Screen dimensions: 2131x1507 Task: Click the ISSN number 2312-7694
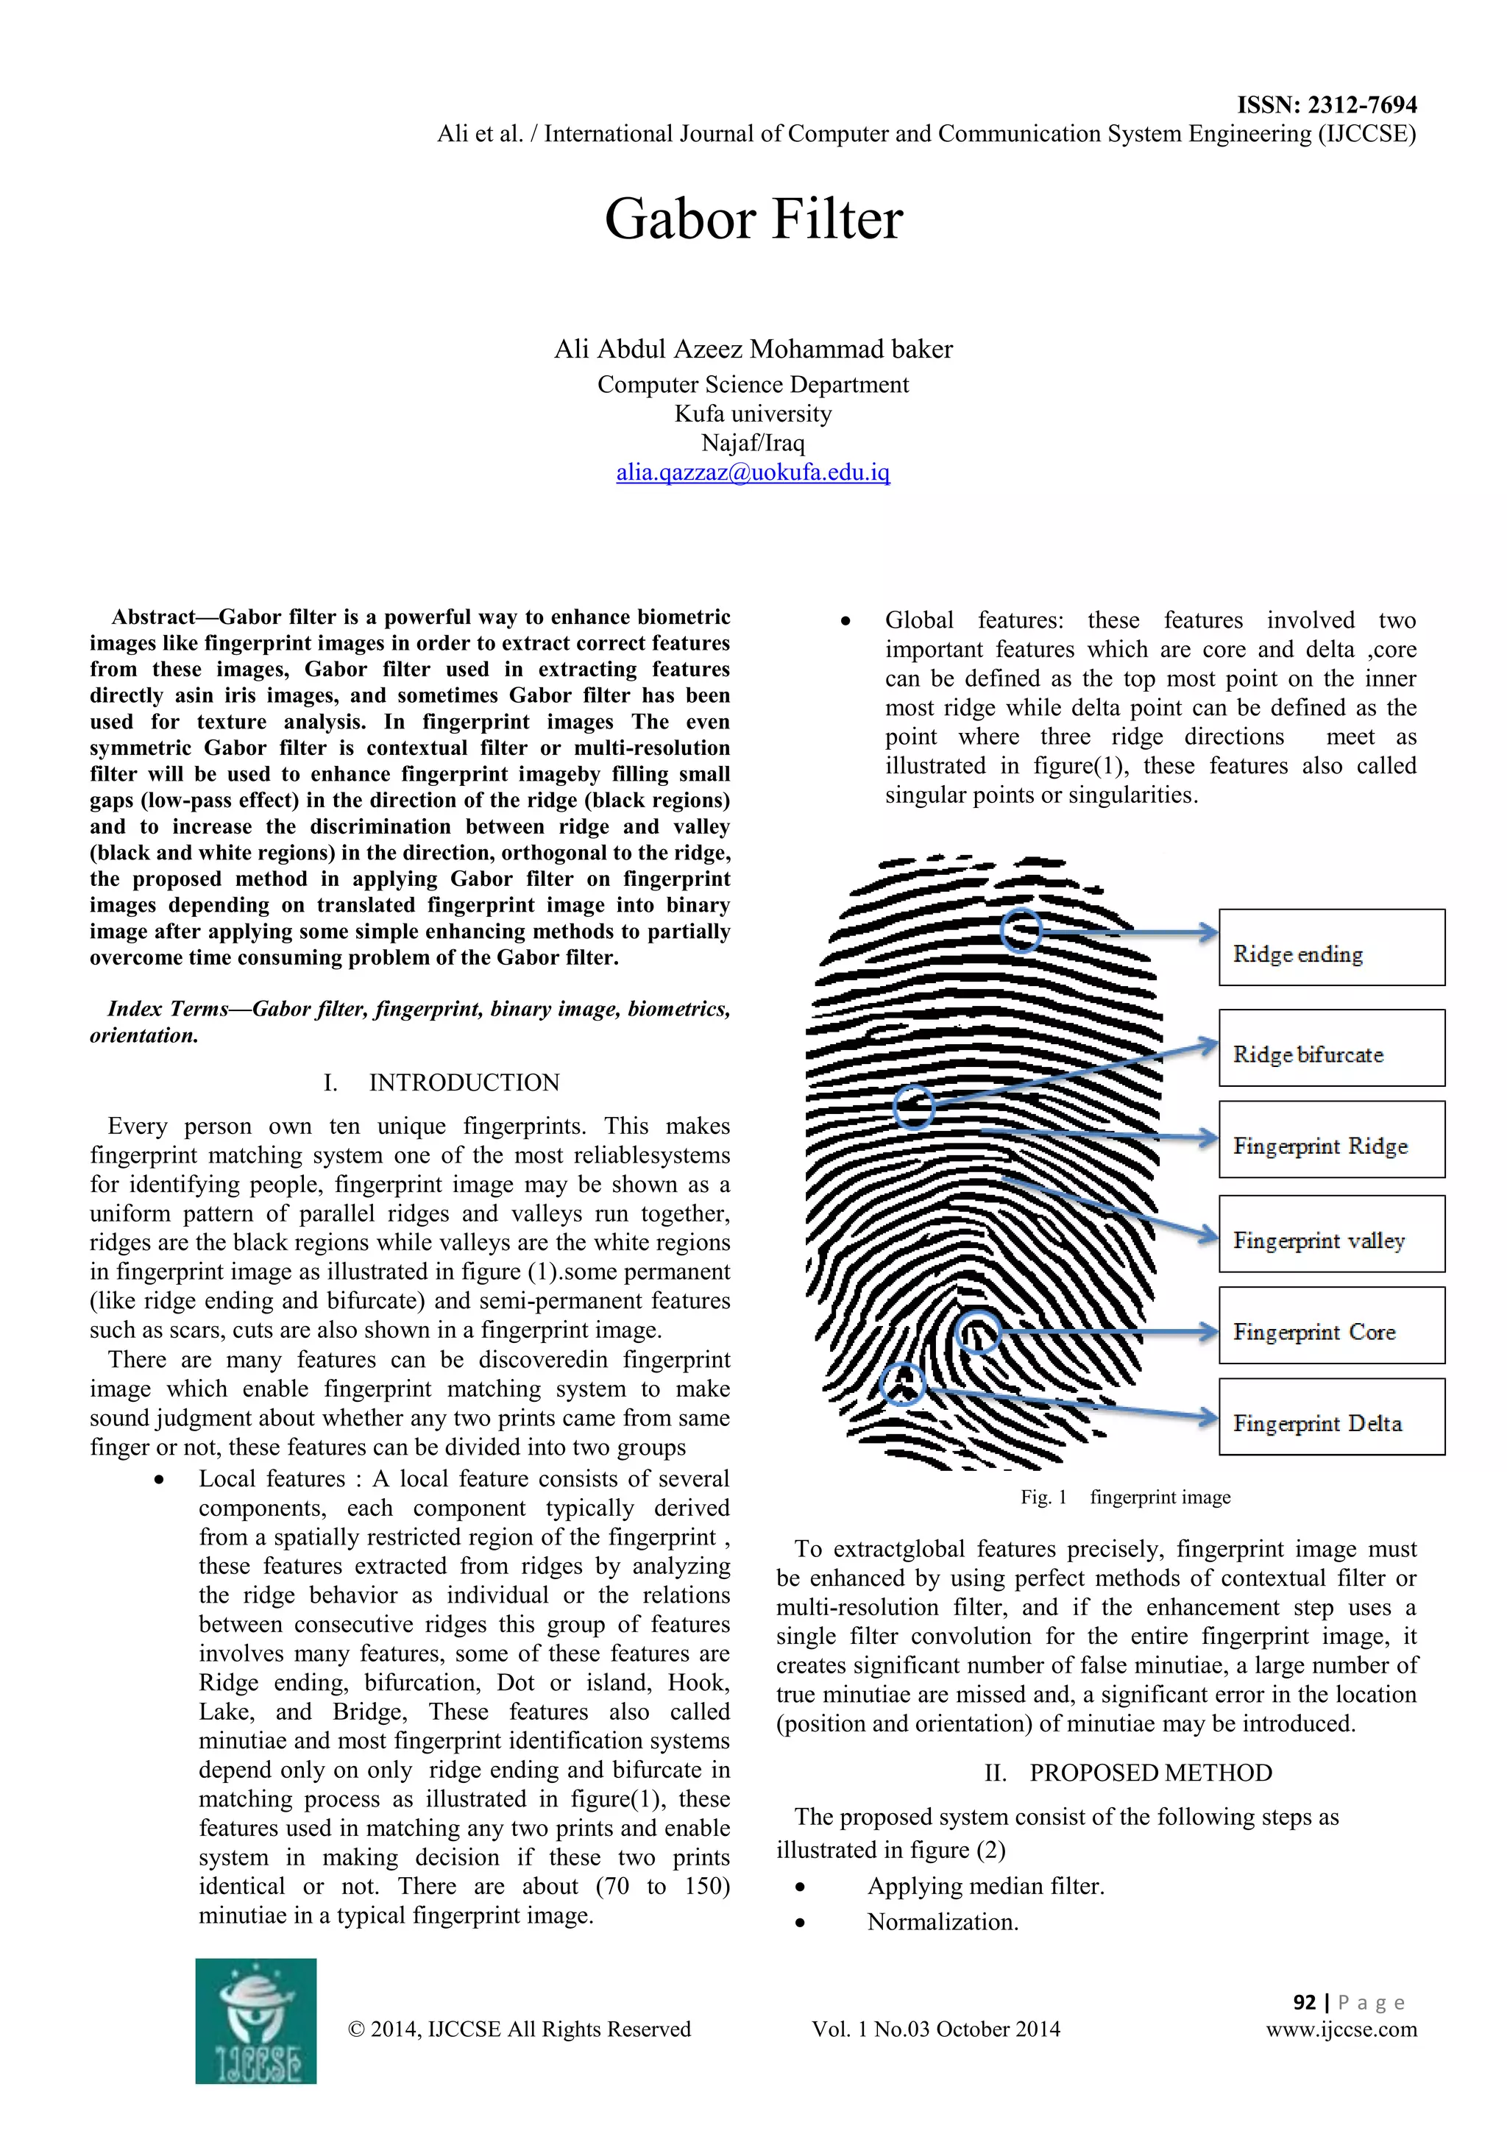pyautogui.click(x=1326, y=105)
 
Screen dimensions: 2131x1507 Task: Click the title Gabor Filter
pyautogui.click(x=753, y=220)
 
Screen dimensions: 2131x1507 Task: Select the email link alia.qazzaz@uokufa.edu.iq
pyautogui.click(x=753, y=472)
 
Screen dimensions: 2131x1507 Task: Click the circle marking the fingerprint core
pyautogui.click(x=977, y=1332)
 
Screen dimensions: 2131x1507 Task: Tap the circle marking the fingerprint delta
pyautogui.click(x=902, y=1384)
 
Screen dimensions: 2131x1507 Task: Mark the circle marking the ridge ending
pyautogui.click(x=1021, y=930)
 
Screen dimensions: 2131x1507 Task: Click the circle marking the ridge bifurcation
pyautogui.click(x=914, y=1106)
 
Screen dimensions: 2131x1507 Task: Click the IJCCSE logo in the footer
pyautogui.click(x=256, y=2021)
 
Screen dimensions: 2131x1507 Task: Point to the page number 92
pyautogui.click(x=1304, y=2002)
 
